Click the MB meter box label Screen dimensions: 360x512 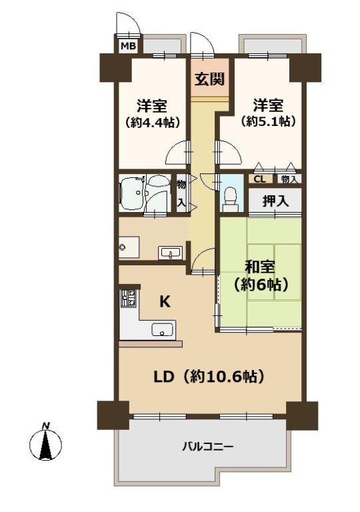click(128, 46)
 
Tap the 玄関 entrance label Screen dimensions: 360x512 click(209, 79)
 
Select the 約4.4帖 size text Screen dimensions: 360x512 click(152, 123)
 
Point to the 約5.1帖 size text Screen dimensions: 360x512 click(268, 121)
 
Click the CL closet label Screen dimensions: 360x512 click(260, 179)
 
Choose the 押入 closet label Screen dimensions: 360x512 click(275, 201)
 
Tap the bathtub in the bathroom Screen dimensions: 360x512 click(132, 193)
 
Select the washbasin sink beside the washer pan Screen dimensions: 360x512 click(170, 253)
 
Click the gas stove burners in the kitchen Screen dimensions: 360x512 click(129, 298)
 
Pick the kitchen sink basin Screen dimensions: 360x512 click(162, 329)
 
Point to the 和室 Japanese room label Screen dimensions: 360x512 click(260, 267)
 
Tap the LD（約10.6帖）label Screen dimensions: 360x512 click(209, 377)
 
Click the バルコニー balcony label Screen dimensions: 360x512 click(208, 446)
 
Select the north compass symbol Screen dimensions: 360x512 click(45, 443)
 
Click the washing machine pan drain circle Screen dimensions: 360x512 click(123, 247)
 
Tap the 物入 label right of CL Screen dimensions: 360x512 click(289, 179)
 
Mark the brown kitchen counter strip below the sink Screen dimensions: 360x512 click(150, 344)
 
